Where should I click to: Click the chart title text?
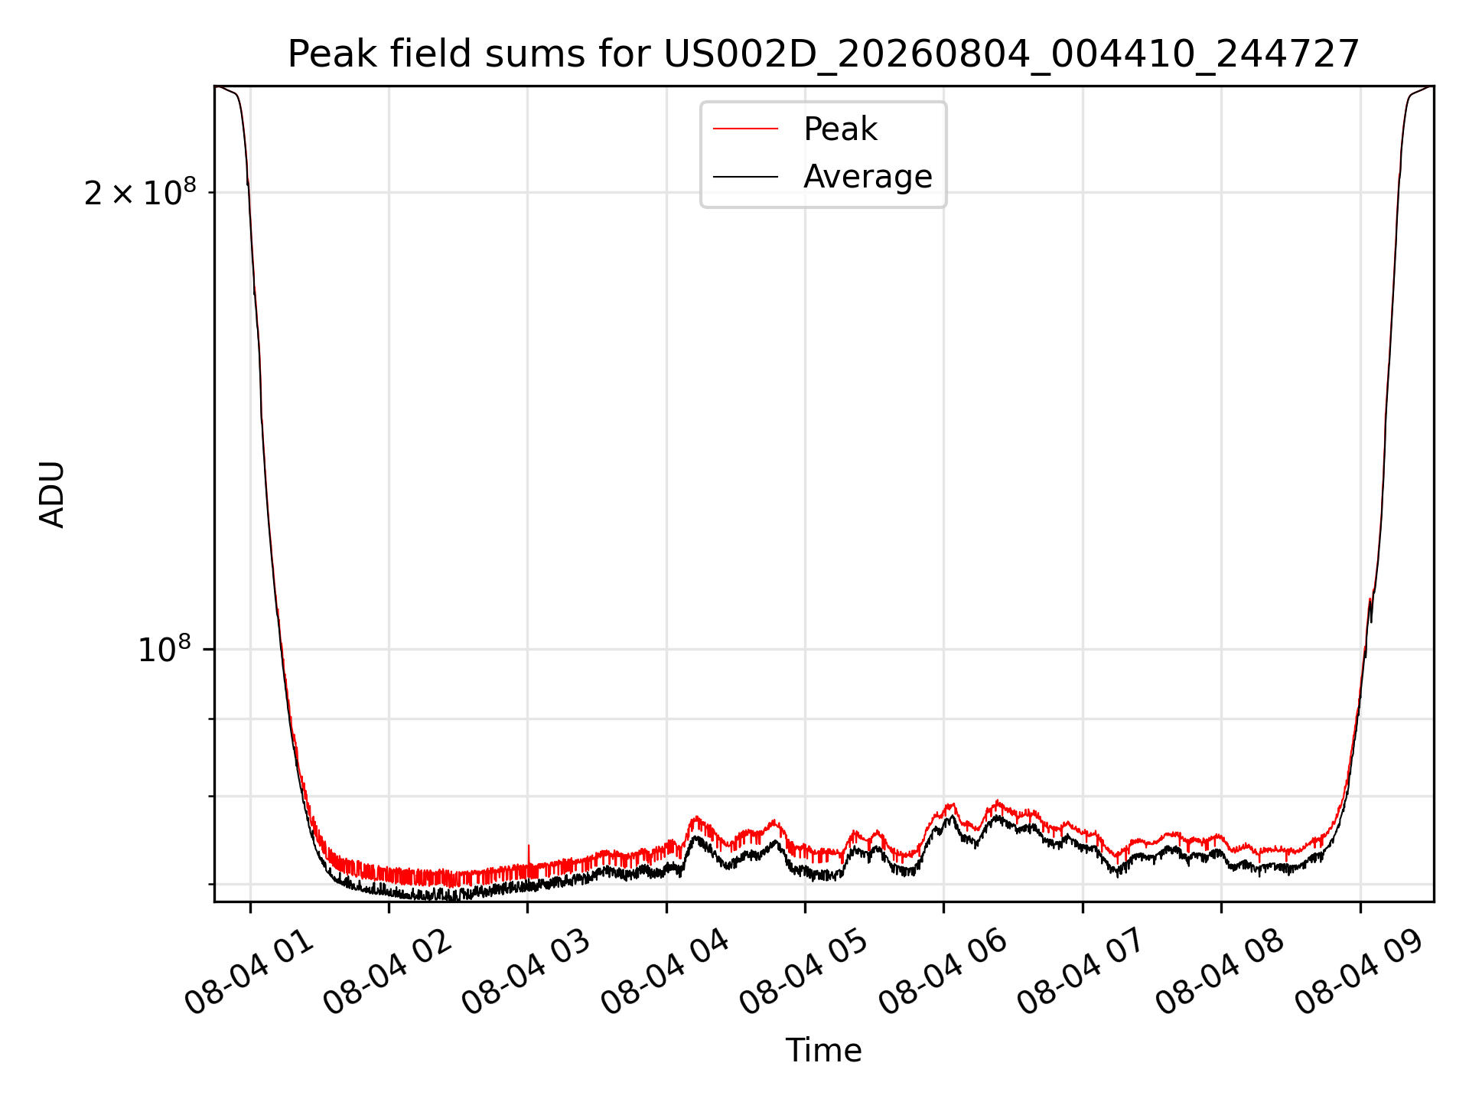point(823,54)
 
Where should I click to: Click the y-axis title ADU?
point(52,494)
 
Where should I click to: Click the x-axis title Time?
point(823,1051)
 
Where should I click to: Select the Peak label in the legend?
point(840,129)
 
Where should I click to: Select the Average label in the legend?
point(868,177)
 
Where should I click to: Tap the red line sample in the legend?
point(745,129)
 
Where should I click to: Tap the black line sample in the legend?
point(745,177)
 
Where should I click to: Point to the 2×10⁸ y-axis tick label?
point(140,191)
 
